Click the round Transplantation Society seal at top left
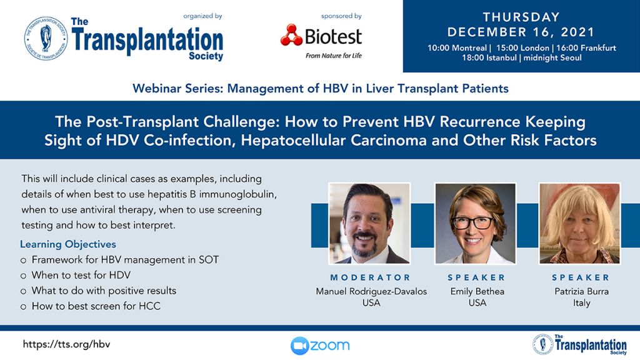click(x=46, y=39)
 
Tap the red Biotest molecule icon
click(x=291, y=35)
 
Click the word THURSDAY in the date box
click(x=521, y=17)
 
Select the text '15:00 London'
click(x=522, y=47)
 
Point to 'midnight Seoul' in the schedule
click(x=552, y=57)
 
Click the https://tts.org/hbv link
click(x=66, y=344)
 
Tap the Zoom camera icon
click(x=299, y=346)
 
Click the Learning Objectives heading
click(x=68, y=244)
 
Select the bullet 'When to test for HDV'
click(x=81, y=275)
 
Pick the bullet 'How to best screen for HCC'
click(x=96, y=306)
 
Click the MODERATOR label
click(x=371, y=277)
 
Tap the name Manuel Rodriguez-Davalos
click(x=371, y=291)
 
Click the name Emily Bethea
click(x=477, y=291)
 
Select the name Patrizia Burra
click(x=582, y=291)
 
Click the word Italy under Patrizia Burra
click(x=582, y=303)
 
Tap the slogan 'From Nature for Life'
click(x=334, y=56)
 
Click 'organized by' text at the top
click(x=203, y=16)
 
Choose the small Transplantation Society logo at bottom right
click(x=579, y=344)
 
